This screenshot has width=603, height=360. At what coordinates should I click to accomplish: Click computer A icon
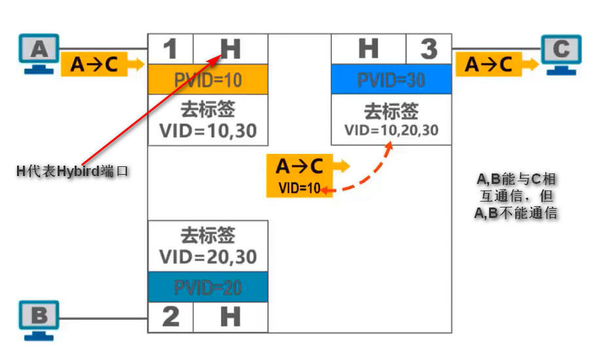click(x=39, y=54)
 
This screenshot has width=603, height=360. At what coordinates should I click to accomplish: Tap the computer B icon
click(x=39, y=319)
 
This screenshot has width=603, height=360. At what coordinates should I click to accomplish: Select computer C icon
click(x=562, y=54)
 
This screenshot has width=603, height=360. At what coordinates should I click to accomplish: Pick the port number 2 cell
click(x=170, y=317)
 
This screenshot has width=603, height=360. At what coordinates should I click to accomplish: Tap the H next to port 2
click(x=230, y=317)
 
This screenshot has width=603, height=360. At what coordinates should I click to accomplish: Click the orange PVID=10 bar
click(x=208, y=80)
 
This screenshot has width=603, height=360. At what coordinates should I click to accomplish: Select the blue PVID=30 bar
click(x=392, y=80)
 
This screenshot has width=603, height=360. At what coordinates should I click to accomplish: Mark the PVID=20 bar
click(x=208, y=287)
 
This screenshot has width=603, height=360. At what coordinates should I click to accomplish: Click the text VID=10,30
click(x=208, y=131)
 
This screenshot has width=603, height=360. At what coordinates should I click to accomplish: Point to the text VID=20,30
click(x=208, y=256)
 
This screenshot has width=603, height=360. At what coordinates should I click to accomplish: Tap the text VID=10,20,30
click(x=392, y=130)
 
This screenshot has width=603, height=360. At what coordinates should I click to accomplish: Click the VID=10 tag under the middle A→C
click(x=299, y=189)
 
